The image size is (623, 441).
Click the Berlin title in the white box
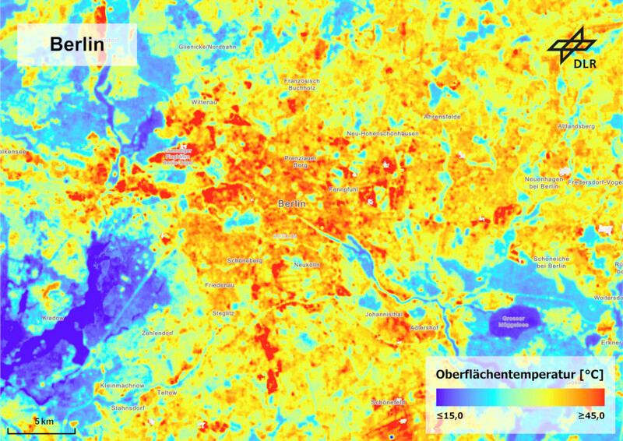pyautogui.click(x=77, y=44)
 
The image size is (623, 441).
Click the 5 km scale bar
pyautogui.click(x=41, y=428)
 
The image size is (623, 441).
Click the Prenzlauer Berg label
pyautogui.click(x=299, y=161)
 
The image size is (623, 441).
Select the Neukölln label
pyautogui.click(x=307, y=266)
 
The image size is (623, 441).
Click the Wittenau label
pyautogui.click(x=204, y=102)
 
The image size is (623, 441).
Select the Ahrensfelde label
pyautogui.click(x=442, y=116)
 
